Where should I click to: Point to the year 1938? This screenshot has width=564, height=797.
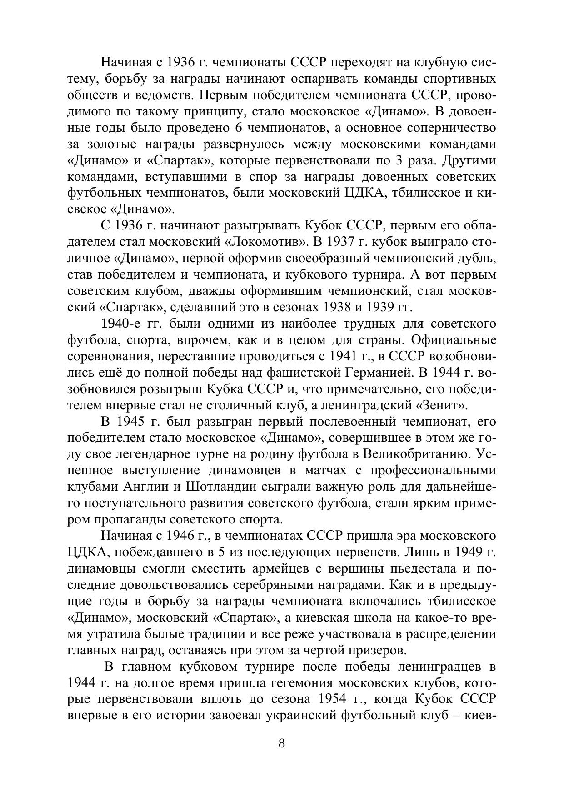337,307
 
